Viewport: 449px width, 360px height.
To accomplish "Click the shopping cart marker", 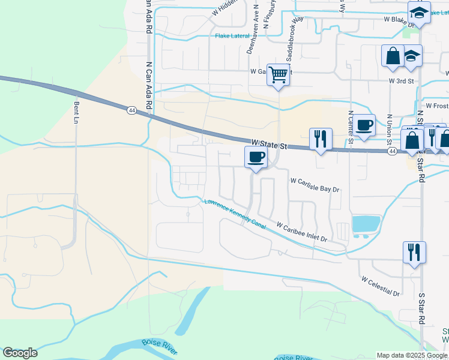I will (x=278, y=75).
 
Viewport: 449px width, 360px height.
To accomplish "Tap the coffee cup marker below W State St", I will (x=256, y=158).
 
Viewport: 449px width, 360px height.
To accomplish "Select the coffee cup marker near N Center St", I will (x=364, y=126).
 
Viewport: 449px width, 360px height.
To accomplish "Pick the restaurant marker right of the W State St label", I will (x=321, y=140).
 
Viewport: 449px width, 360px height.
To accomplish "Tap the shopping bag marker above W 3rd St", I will (x=393, y=56).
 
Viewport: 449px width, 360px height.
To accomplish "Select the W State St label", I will (x=270, y=145).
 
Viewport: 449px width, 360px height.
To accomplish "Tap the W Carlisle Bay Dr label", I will (x=315, y=184).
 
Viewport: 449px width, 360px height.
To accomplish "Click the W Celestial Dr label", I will (x=381, y=286).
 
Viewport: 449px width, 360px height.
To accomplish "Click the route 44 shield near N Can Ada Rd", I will (x=131, y=110).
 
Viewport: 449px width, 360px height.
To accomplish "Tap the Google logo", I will (x=20, y=353).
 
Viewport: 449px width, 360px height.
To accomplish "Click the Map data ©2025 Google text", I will (x=411, y=355).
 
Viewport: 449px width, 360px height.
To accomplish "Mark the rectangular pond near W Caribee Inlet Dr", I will (x=366, y=224).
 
